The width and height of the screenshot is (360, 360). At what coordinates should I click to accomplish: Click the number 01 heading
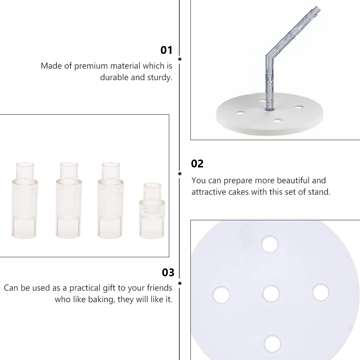pos(166,50)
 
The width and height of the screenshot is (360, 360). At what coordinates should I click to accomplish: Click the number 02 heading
pos(197,164)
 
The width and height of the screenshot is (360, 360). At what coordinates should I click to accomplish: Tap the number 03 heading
pos(168,273)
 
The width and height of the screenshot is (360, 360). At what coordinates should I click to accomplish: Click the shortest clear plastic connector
pos(152,210)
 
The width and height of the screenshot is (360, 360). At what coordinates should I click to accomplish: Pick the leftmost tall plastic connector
pos(24,200)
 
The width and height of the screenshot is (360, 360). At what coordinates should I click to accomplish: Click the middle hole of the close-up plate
pos(271,294)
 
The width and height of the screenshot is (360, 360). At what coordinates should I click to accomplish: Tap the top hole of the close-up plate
pos(270,244)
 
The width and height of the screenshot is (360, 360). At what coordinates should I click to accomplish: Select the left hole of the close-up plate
pos(221,295)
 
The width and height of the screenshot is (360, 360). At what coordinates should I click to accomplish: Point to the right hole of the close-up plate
pos(321,292)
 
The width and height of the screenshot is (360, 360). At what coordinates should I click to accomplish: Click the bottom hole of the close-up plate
pos(273,344)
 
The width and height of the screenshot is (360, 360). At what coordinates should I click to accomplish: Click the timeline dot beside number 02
pos(180,174)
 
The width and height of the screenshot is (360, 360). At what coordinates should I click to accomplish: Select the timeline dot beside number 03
pos(180,283)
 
